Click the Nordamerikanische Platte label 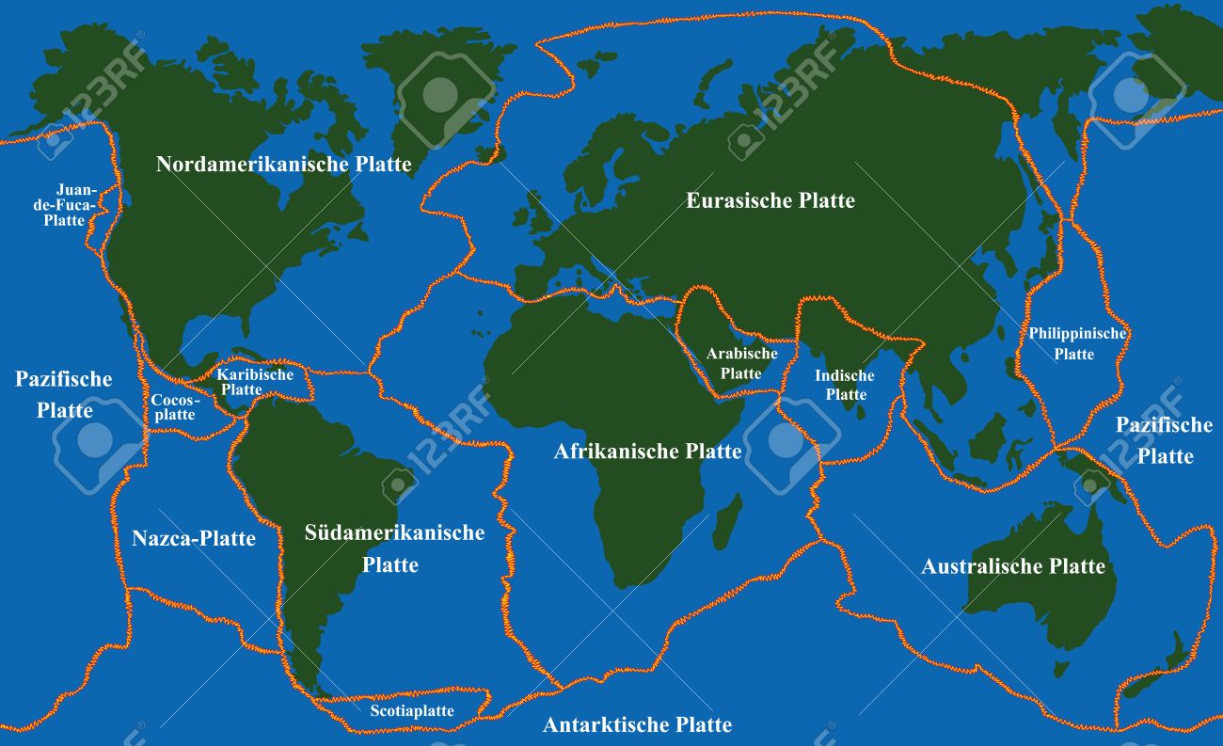click(283, 165)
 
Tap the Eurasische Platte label click(770, 200)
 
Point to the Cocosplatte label click(173, 407)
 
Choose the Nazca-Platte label click(193, 539)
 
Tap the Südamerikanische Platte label click(393, 548)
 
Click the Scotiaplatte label click(411, 711)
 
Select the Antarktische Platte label click(637, 724)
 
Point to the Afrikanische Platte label click(647, 452)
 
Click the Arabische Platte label click(741, 363)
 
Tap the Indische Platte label click(844, 385)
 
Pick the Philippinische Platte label click(1076, 343)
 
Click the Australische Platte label click(1012, 566)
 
